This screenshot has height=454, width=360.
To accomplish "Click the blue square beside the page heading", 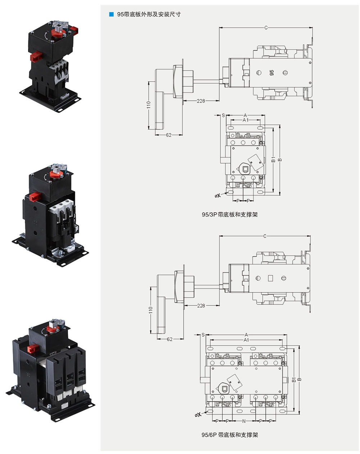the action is coord(111,14).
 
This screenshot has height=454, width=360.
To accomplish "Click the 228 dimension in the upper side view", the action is coord(201,101).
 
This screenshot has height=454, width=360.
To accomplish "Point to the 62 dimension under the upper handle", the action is coord(168,135).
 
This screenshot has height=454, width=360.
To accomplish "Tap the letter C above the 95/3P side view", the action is coord(266,28).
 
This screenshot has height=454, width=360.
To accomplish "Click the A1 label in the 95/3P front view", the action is coord(246,120).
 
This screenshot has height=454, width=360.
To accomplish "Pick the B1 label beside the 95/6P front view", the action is coord(294,380).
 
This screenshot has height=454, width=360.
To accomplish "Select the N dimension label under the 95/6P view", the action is coord(244,421).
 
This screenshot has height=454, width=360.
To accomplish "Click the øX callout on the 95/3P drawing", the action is coord(217,195).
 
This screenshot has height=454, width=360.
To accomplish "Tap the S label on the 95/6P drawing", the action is coord(203,335).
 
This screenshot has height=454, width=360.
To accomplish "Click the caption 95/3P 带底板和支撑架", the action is coord(230,214).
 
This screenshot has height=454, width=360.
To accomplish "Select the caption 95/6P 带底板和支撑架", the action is coord(230,435).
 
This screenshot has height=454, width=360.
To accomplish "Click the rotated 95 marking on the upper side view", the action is coord(271,73).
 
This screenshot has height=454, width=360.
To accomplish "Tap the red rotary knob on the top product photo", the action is coord(58,33).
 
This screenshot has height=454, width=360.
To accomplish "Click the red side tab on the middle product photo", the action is coord(35,197).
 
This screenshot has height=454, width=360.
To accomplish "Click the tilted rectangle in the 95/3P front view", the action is coord(256,162).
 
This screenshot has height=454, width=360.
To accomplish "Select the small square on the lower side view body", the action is coord(270,278).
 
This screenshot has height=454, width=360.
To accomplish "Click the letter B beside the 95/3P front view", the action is coord(280,160).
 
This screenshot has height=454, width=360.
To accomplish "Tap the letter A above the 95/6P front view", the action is coord(246,335).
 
